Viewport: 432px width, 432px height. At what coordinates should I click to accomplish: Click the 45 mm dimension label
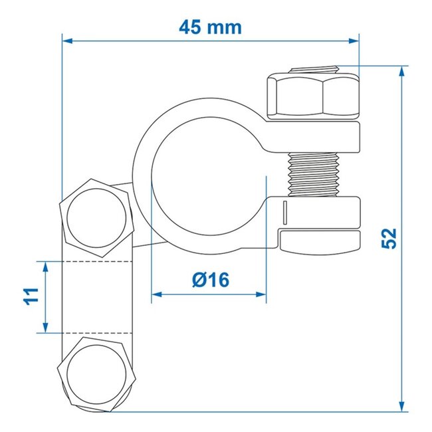pos(210,27)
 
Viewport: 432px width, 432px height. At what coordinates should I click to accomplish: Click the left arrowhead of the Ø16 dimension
pos(157,294)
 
